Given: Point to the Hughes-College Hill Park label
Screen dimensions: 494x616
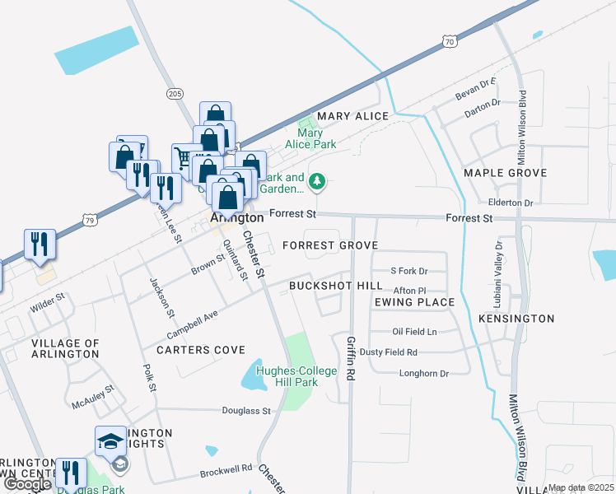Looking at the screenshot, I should (x=296, y=376).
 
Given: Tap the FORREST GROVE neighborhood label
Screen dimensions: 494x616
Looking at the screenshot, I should (x=329, y=245).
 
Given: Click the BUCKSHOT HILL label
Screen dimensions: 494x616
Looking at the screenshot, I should (x=335, y=286).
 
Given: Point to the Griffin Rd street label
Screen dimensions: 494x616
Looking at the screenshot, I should (x=351, y=356).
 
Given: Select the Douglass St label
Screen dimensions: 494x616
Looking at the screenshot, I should (x=246, y=410).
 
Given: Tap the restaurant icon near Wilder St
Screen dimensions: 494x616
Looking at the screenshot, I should (x=40, y=243).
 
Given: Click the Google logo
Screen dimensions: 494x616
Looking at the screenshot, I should (x=26, y=484).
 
